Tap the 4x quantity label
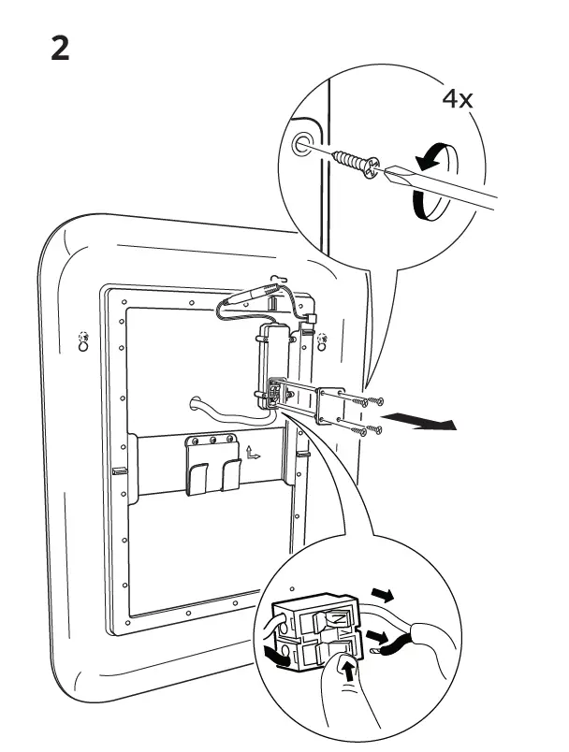click(457, 99)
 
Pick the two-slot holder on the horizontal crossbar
click(212, 464)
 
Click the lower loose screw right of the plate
click(369, 430)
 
